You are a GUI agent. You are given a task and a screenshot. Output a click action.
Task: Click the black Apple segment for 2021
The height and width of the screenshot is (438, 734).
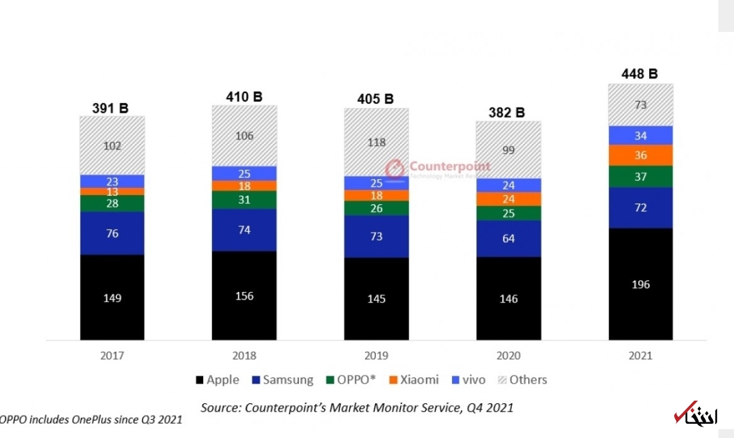[640, 284]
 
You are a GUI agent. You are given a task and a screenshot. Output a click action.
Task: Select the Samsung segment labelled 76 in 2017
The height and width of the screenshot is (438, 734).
[112, 233]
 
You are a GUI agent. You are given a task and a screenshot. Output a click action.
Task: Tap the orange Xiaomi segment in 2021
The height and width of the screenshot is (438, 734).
[640, 155]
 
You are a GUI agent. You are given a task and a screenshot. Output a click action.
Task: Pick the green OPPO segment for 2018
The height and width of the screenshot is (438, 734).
[244, 200]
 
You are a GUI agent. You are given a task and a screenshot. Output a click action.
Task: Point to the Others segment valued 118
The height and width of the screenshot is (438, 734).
[376, 142]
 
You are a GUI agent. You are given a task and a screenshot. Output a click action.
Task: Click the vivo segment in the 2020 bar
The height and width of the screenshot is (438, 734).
[508, 185]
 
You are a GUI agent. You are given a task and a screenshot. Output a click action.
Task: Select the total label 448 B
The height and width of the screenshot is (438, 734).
[640, 73]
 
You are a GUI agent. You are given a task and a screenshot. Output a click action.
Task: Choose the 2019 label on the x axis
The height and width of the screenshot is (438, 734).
[377, 355]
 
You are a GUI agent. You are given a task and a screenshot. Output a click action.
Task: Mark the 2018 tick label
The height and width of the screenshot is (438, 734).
[244, 355]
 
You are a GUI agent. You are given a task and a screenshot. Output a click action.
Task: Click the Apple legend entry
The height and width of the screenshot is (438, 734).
[217, 380]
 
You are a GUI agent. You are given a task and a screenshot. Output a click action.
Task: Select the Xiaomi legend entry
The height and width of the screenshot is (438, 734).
[415, 380]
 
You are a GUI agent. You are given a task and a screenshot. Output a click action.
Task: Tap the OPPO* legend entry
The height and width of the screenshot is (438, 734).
[351, 380]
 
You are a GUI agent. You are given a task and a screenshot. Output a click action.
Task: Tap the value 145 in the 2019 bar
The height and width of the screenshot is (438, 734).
[376, 298]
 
